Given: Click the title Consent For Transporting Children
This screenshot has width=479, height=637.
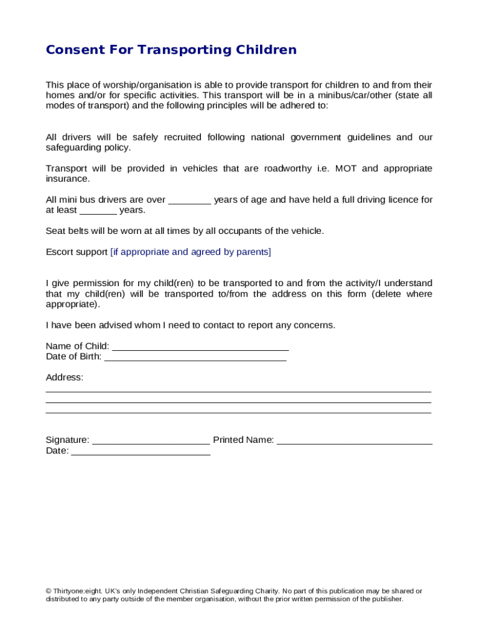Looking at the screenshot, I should tap(171, 50).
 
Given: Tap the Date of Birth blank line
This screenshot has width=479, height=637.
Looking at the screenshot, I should tap(195, 358).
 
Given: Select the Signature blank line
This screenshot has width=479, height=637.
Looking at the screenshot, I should tap(151, 441).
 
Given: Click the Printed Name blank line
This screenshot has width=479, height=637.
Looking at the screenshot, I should tap(355, 441).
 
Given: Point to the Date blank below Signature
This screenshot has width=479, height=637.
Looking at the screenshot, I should tap(141, 452).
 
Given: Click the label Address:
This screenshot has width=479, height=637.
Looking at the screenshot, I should tap(64, 378).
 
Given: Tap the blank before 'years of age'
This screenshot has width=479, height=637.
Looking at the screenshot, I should tap(190, 201).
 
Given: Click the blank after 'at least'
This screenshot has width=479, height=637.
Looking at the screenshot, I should tap(98, 212).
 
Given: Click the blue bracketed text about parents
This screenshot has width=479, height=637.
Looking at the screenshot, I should tap(190, 252).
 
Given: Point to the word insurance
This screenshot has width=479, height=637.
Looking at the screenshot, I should tap(67, 179).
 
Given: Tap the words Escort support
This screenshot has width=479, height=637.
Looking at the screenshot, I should tap(77, 252).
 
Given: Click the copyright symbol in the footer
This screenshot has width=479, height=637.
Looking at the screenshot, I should tap(49, 591).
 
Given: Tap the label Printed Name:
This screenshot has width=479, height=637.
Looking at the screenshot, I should tap(243, 440).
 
